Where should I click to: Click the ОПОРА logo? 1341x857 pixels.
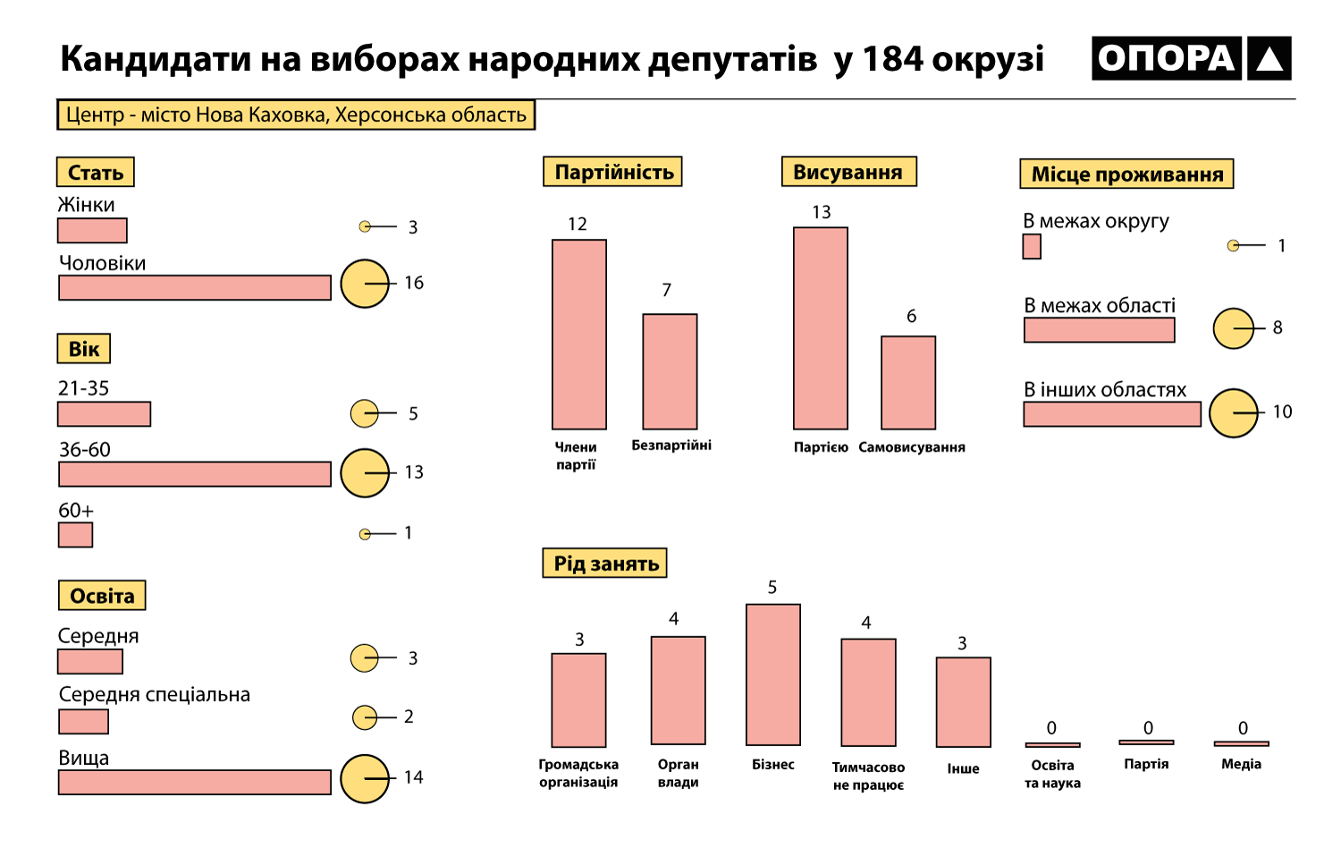[x=1191, y=58]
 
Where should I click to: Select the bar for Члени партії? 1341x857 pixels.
[x=579, y=335]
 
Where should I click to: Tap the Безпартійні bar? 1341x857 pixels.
[x=670, y=371]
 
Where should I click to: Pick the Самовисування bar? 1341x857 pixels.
[x=908, y=383]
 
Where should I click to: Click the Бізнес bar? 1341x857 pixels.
[x=773, y=675]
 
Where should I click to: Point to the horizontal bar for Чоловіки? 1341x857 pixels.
[x=195, y=288]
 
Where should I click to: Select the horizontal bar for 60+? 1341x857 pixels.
[x=75, y=535]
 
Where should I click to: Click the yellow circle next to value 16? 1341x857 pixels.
[x=365, y=284]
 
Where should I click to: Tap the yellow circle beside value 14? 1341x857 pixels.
[x=365, y=778]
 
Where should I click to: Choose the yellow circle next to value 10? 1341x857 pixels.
[x=1233, y=413]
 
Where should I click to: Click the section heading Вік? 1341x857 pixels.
[x=84, y=349]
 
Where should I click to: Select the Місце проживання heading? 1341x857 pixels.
[x=1126, y=174]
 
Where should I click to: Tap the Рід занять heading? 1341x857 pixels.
[x=605, y=564]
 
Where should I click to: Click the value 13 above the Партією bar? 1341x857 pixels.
[x=822, y=212]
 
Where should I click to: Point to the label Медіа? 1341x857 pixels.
[x=1241, y=764]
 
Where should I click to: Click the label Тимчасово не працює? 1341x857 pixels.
[x=868, y=776]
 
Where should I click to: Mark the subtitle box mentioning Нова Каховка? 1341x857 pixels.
[x=296, y=115]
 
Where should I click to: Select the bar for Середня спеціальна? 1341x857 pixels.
[x=83, y=721]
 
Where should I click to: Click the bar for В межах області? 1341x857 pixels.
[x=1099, y=330]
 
